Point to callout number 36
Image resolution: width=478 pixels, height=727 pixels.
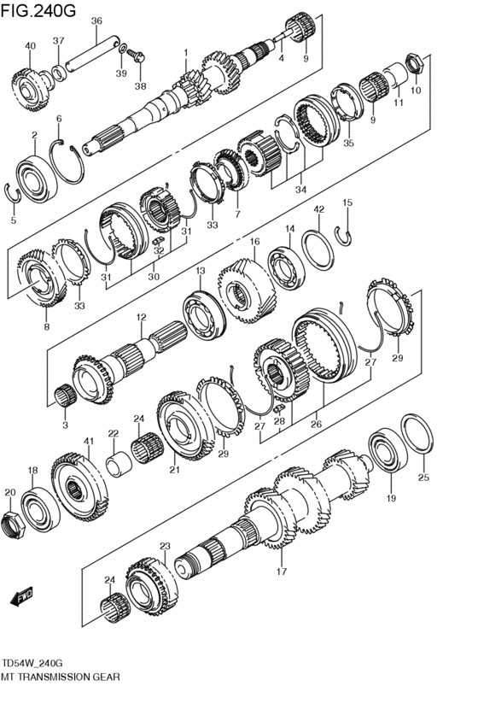[96, 21]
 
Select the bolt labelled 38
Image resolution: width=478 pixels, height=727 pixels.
[137, 57]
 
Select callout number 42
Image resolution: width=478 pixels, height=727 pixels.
[318, 209]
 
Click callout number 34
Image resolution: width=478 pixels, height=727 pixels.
[300, 189]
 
